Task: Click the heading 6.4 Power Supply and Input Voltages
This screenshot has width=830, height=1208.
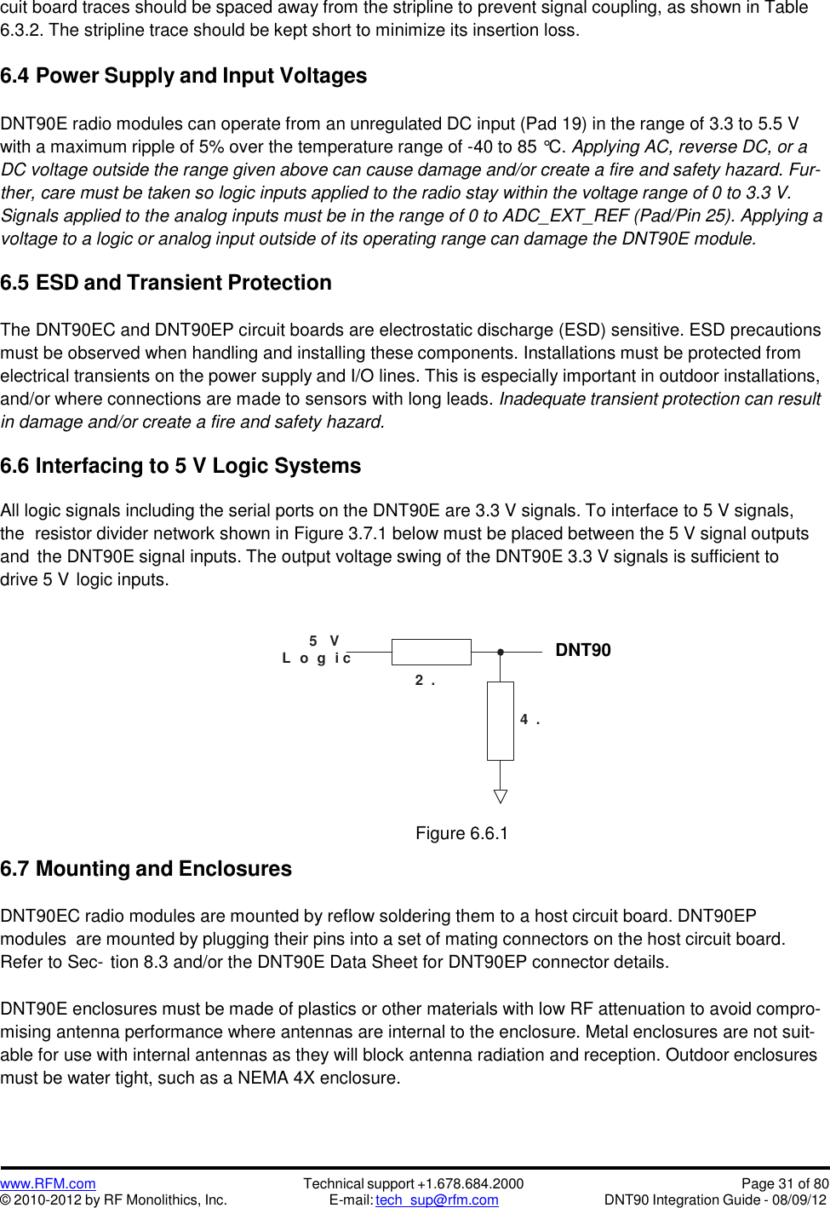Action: pos(184,76)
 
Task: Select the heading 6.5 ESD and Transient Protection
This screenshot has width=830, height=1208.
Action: pos(166,283)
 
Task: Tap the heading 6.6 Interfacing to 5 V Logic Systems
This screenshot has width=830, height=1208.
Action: pos(180,466)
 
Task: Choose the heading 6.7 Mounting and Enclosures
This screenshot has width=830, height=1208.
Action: pos(146,869)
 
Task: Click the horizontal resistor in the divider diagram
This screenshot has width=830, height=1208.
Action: pos(431,652)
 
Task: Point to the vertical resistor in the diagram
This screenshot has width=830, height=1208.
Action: pos(501,721)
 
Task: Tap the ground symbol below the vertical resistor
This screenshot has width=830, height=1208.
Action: pos(501,797)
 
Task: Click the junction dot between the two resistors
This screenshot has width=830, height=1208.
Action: pos(501,652)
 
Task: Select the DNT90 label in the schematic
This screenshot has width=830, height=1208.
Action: pos(583,650)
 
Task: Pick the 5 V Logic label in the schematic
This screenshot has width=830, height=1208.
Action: pos(318,650)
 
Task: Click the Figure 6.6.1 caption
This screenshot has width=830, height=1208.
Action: pos(461,833)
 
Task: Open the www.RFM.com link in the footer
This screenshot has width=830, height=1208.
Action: pos(48,1183)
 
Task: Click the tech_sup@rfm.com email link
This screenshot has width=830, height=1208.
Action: pos(437,1199)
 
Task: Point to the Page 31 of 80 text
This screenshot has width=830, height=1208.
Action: pos(785,1183)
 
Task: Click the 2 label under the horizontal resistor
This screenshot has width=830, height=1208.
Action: pos(420,680)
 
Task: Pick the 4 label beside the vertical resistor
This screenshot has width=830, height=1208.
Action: pos(525,720)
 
